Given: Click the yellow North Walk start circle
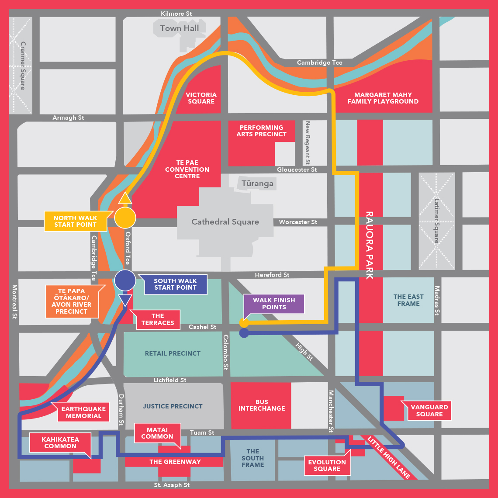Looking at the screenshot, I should click(x=125, y=217).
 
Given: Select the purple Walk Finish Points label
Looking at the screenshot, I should click(x=274, y=304).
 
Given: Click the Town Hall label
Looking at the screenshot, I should click(x=179, y=28).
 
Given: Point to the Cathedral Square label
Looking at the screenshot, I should click(x=225, y=222).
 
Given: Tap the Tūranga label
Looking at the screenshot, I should click(x=258, y=183).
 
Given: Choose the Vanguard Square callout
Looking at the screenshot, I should click(x=429, y=411).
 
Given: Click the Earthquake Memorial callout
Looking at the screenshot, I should click(x=83, y=412).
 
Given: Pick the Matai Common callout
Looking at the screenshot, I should click(x=157, y=433).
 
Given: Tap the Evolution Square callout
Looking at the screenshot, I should click(x=327, y=465).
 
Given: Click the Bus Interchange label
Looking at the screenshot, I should click(x=261, y=405).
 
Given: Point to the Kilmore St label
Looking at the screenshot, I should click(x=176, y=14).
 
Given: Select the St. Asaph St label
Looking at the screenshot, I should click(x=172, y=485).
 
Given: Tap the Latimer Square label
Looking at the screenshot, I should click(x=437, y=221).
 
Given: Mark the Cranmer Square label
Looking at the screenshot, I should click(x=23, y=66).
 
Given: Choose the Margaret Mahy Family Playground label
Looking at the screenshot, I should click(x=382, y=98).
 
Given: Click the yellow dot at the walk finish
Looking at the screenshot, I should click(x=244, y=323).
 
